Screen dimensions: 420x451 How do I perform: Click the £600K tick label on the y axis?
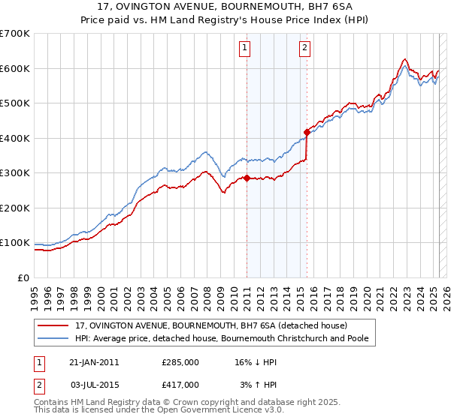point(14,68)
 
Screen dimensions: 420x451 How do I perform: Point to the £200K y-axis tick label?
point(14,208)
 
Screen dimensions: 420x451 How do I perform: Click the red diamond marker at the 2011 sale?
point(247,178)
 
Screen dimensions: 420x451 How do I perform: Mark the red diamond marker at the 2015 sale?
point(306,133)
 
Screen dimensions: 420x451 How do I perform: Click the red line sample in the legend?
point(54,325)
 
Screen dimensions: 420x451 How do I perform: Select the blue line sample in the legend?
point(54,339)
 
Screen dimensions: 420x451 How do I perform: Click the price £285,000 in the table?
point(180,362)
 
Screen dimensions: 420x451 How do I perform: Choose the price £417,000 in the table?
point(180,384)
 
